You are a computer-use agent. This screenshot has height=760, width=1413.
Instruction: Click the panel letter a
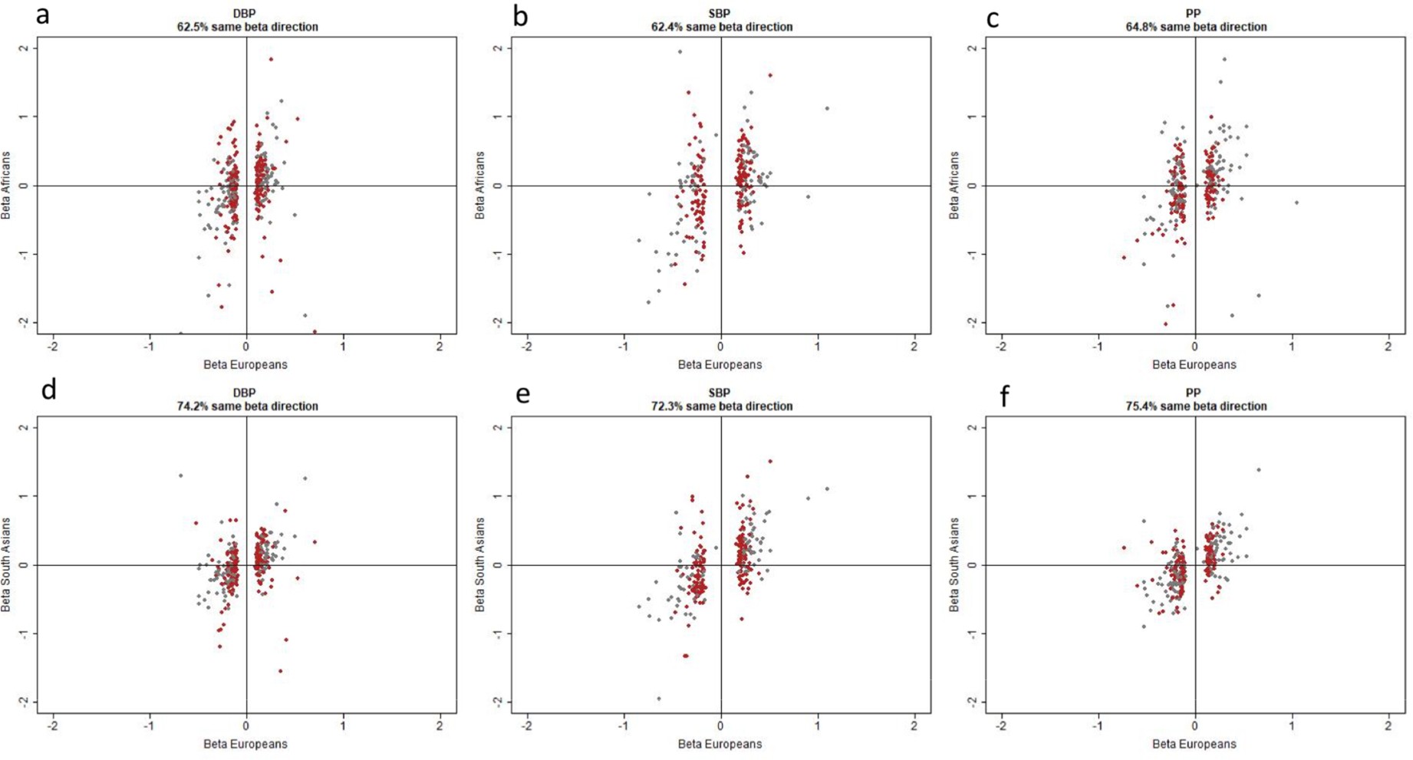coord(43,14)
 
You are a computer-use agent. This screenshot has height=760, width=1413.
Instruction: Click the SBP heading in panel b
coord(720,14)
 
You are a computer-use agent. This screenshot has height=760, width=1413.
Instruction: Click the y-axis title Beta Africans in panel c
coord(954,186)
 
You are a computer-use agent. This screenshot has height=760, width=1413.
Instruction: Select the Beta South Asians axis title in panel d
coord(6,565)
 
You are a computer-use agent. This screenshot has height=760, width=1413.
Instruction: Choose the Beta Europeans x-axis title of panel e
coord(720,744)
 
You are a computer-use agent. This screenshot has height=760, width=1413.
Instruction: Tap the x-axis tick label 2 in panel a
coord(440,347)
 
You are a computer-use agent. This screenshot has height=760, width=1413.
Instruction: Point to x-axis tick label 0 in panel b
coord(720,347)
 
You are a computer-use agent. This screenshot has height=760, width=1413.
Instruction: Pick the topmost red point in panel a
coord(271,59)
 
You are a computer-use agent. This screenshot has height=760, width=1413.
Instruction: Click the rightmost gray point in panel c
coord(1296,202)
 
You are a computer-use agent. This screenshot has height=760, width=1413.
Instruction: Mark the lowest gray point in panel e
coord(659,699)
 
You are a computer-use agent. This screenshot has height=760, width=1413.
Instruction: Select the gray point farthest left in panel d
coord(181,475)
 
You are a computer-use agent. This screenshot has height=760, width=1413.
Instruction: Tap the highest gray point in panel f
coord(1258,470)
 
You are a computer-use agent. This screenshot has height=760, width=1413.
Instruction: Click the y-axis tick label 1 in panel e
coord(499,496)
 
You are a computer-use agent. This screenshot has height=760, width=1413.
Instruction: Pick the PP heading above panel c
coord(1193,14)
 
